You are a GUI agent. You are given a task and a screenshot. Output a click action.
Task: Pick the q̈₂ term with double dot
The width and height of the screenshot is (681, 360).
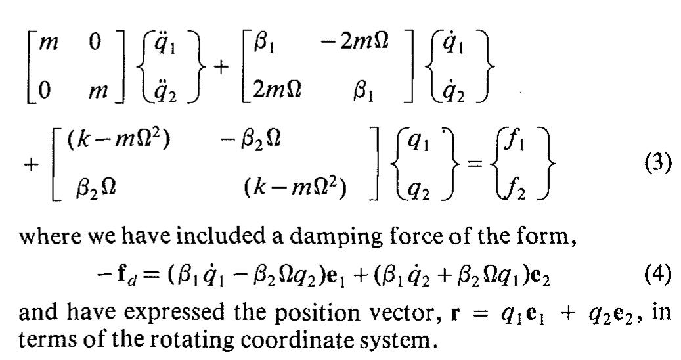pos(165,91)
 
